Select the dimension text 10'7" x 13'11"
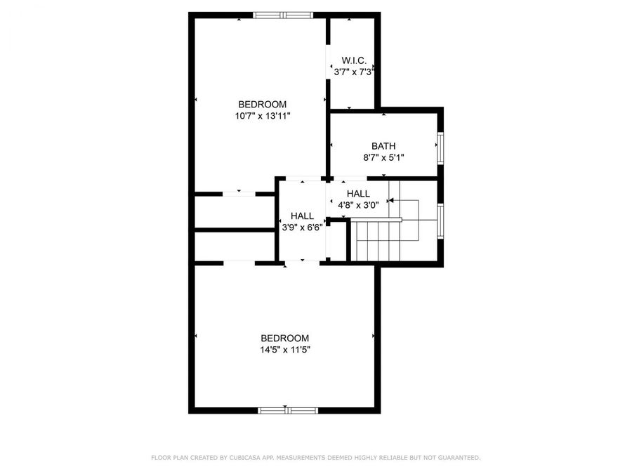click(x=263, y=116)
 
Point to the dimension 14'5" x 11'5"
click(x=285, y=349)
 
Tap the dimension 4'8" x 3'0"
click(x=358, y=205)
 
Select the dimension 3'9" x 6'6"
click(x=302, y=227)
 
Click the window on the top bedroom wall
click(x=280, y=15)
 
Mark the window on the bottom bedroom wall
click(x=286, y=410)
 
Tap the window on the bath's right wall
click(x=441, y=147)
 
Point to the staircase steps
click(x=377, y=240)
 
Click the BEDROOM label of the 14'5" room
click(x=285, y=338)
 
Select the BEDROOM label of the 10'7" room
click(x=263, y=105)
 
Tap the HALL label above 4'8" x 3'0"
click(x=358, y=194)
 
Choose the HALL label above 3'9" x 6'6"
click(x=302, y=216)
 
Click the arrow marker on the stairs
click(x=390, y=200)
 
